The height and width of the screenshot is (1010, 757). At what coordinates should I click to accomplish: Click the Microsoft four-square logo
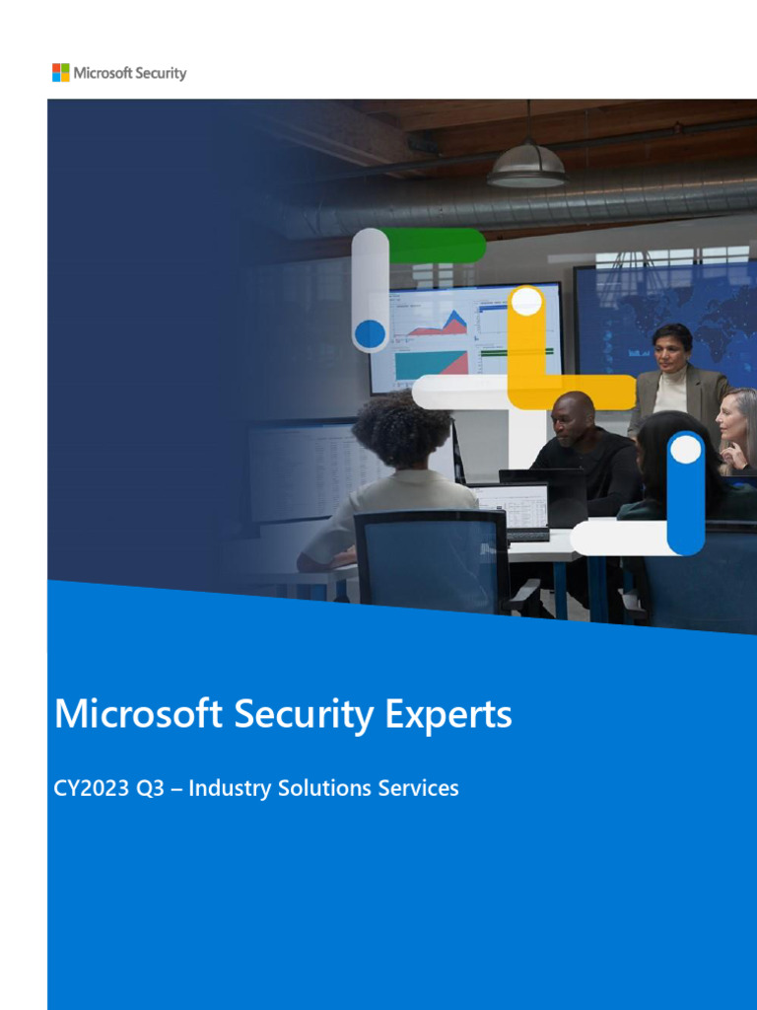(61, 72)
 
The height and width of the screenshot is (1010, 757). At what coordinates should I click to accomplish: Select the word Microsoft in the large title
(139, 713)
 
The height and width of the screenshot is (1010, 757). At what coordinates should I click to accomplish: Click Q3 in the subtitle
(150, 788)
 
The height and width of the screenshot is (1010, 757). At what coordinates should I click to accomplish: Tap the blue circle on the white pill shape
(371, 333)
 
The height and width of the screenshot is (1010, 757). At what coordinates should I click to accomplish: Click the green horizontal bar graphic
(434, 246)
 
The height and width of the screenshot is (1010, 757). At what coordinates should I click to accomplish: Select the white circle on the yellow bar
(527, 302)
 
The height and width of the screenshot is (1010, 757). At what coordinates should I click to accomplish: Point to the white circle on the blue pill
(686, 450)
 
